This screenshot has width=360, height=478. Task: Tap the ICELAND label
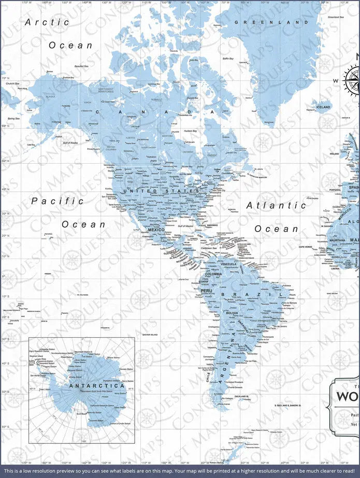coord(323,107)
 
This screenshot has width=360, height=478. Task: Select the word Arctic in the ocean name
coord(47,22)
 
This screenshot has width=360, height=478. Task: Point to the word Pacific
coord(57,201)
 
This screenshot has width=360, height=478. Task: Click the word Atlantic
coord(276,205)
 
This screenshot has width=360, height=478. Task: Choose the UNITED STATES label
coord(161,191)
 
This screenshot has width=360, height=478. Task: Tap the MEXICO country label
coord(156,229)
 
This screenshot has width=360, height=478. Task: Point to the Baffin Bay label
coord(228,59)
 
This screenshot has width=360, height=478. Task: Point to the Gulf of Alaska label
coord(69,142)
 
